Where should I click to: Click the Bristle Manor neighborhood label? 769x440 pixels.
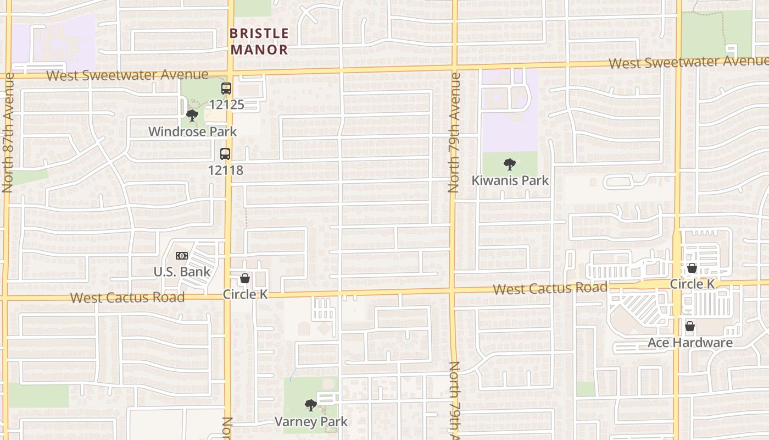pyautogui.click(x=259, y=41)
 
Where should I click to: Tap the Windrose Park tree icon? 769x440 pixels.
pyautogui.click(x=192, y=116)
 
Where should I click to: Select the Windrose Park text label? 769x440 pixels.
pyautogui.click(x=193, y=131)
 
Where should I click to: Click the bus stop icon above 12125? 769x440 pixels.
pyautogui.click(x=226, y=88)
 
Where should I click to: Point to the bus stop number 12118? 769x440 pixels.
pyautogui.click(x=225, y=170)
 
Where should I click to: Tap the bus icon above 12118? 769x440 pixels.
pyautogui.click(x=225, y=154)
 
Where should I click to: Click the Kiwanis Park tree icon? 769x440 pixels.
pyautogui.click(x=510, y=164)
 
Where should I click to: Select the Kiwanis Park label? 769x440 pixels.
pyautogui.click(x=510, y=180)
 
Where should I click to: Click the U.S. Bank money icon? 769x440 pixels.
pyautogui.click(x=182, y=256)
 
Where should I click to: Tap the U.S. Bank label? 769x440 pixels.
pyautogui.click(x=182, y=272)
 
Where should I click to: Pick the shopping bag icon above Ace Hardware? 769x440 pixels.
pyautogui.click(x=690, y=327)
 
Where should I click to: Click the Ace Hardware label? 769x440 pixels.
pyautogui.click(x=690, y=343)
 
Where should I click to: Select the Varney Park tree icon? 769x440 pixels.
pyautogui.click(x=311, y=406)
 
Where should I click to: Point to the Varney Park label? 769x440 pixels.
pyautogui.click(x=311, y=422)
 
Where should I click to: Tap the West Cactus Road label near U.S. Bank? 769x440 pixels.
pyautogui.click(x=127, y=298)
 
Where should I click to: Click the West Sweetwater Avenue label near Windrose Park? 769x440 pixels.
pyautogui.click(x=127, y=75)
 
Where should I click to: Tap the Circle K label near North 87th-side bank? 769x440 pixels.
pyautogui.click(x=245, y=294)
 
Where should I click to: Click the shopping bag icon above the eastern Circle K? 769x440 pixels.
pyautogui.click(x=692, y=268)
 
